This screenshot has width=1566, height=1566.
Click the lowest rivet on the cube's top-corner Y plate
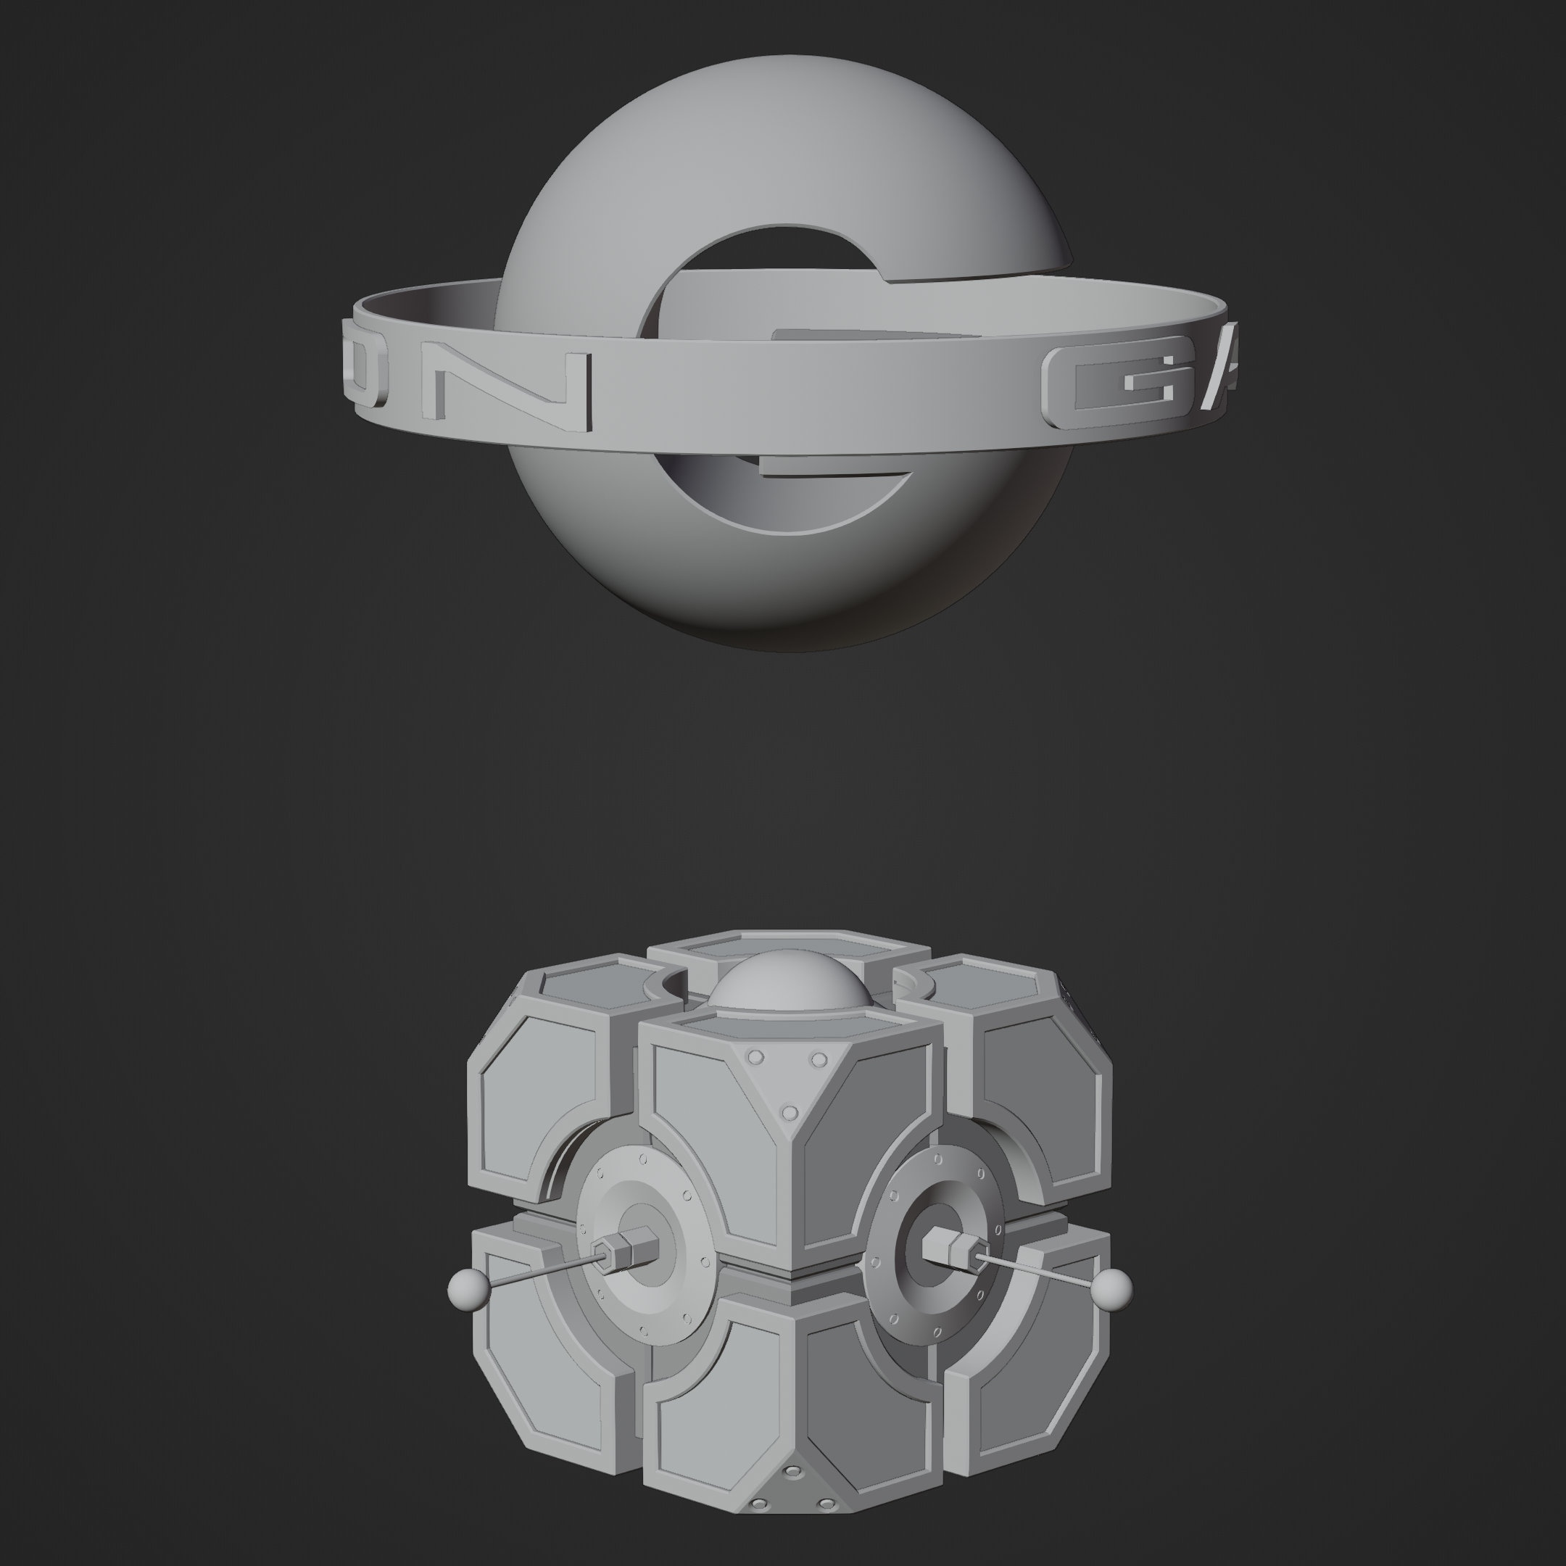[790, 1112]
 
